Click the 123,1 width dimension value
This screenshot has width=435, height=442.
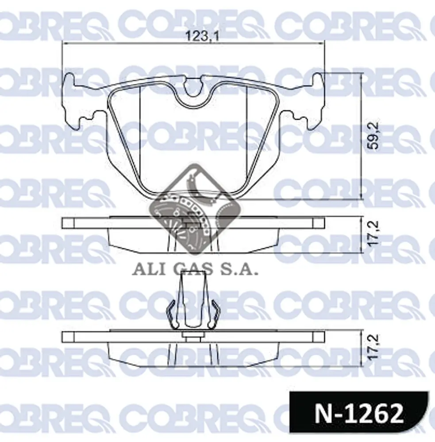click(202, 36)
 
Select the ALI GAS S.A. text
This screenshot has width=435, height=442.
click(195, 270)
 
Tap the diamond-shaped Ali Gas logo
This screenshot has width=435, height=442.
click(195, 209)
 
